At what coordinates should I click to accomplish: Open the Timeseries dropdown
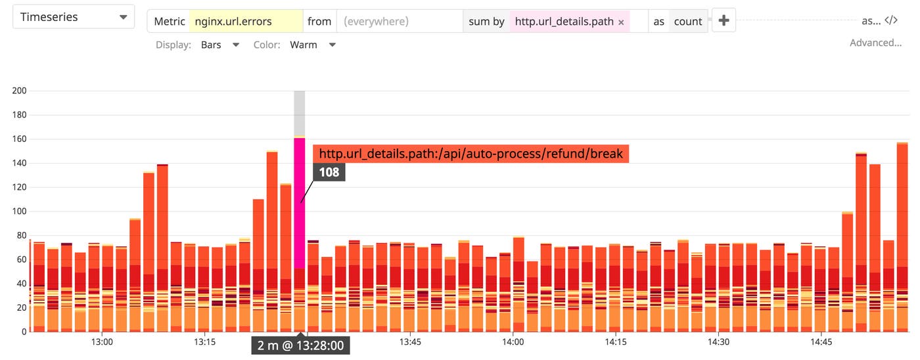[74, 17]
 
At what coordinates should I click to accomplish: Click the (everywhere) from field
[399, 21]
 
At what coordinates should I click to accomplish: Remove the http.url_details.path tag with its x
[621, 22]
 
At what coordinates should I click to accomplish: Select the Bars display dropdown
[220, 45]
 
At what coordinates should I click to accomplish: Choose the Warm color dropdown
[313, 45]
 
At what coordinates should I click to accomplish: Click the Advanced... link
[875, 43]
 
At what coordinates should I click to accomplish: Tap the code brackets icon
[891, 20]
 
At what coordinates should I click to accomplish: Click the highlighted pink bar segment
[300, 203]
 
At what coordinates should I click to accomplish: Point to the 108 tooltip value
[329, 173]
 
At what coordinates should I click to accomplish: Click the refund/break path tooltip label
[471, 154]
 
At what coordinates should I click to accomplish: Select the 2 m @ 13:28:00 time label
[300, 346]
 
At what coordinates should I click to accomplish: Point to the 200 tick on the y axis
[19, 91]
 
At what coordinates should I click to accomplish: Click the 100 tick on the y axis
[19, 212]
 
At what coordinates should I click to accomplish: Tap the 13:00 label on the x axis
[102, 342]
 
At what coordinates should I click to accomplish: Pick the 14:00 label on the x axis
[513, 342]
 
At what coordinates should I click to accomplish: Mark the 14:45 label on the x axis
[821, 342]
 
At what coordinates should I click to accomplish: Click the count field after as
[688, 21]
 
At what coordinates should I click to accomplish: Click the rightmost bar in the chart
[902, 236]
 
